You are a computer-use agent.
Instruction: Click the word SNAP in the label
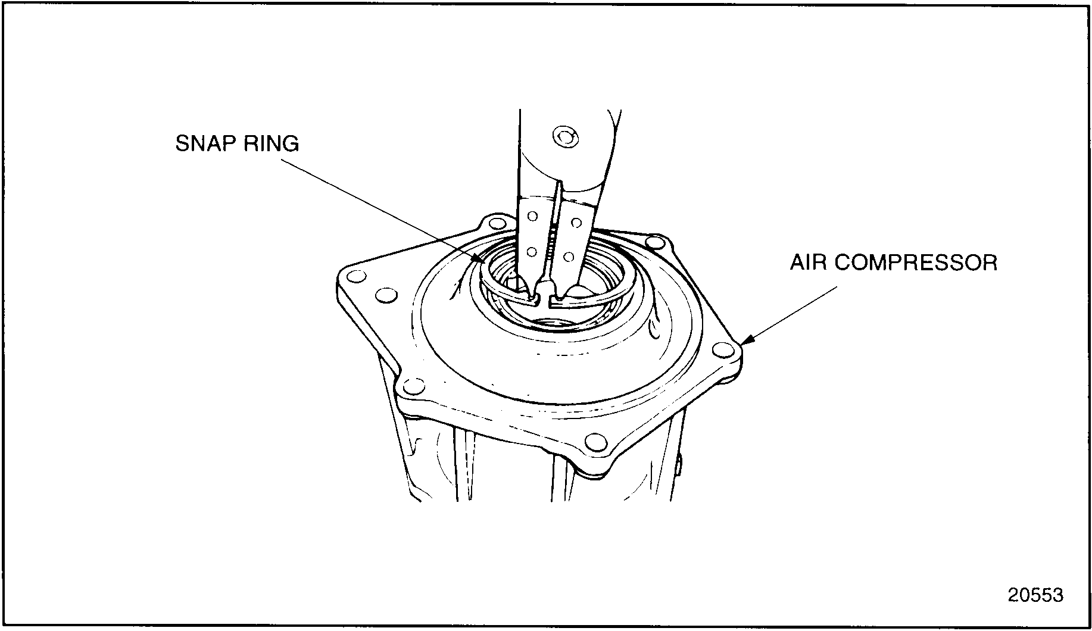coord(204,144)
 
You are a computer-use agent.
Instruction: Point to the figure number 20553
coord(1035,595)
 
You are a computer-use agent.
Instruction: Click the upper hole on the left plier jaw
coord(533,216)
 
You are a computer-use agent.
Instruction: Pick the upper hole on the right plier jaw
coord(576,223)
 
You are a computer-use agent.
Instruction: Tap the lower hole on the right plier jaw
coord(569,257)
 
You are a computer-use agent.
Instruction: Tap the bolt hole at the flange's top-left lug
coord(494,224)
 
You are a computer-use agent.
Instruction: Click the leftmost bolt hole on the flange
coord(356,277)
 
